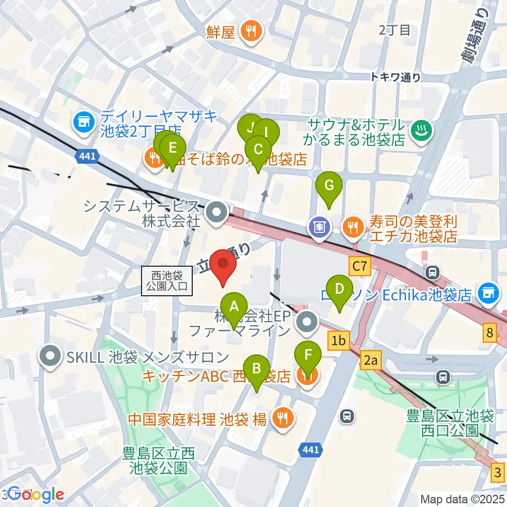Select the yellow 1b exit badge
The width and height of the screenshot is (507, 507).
coord(339,341)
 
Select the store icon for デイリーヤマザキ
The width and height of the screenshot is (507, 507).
coord(83,123)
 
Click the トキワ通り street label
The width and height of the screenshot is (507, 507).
coord(396,77)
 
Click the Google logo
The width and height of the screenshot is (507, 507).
coord(36,494)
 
